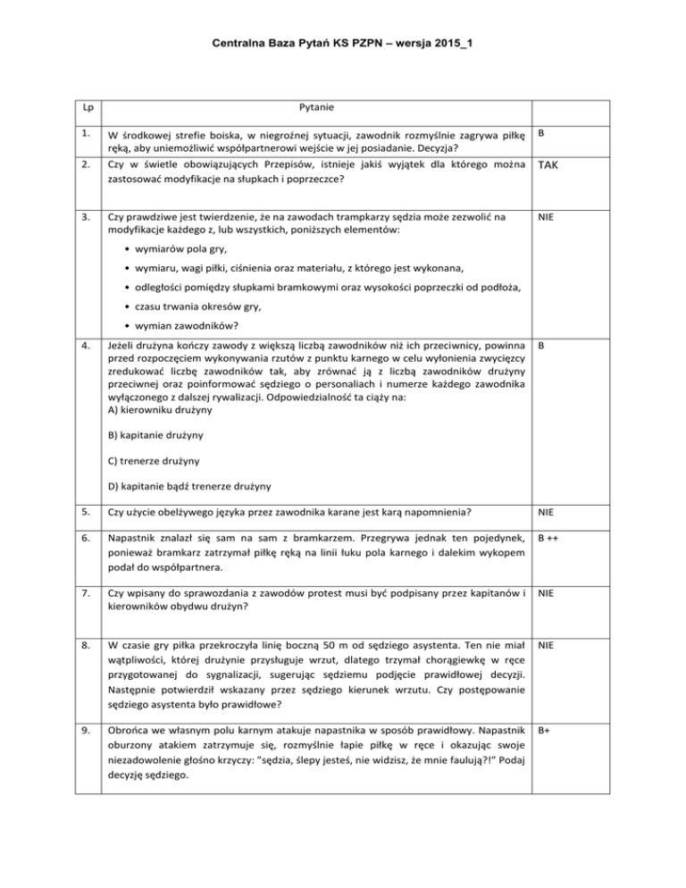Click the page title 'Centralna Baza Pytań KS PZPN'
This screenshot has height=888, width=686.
pyautogui.click(x=343, y=41)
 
